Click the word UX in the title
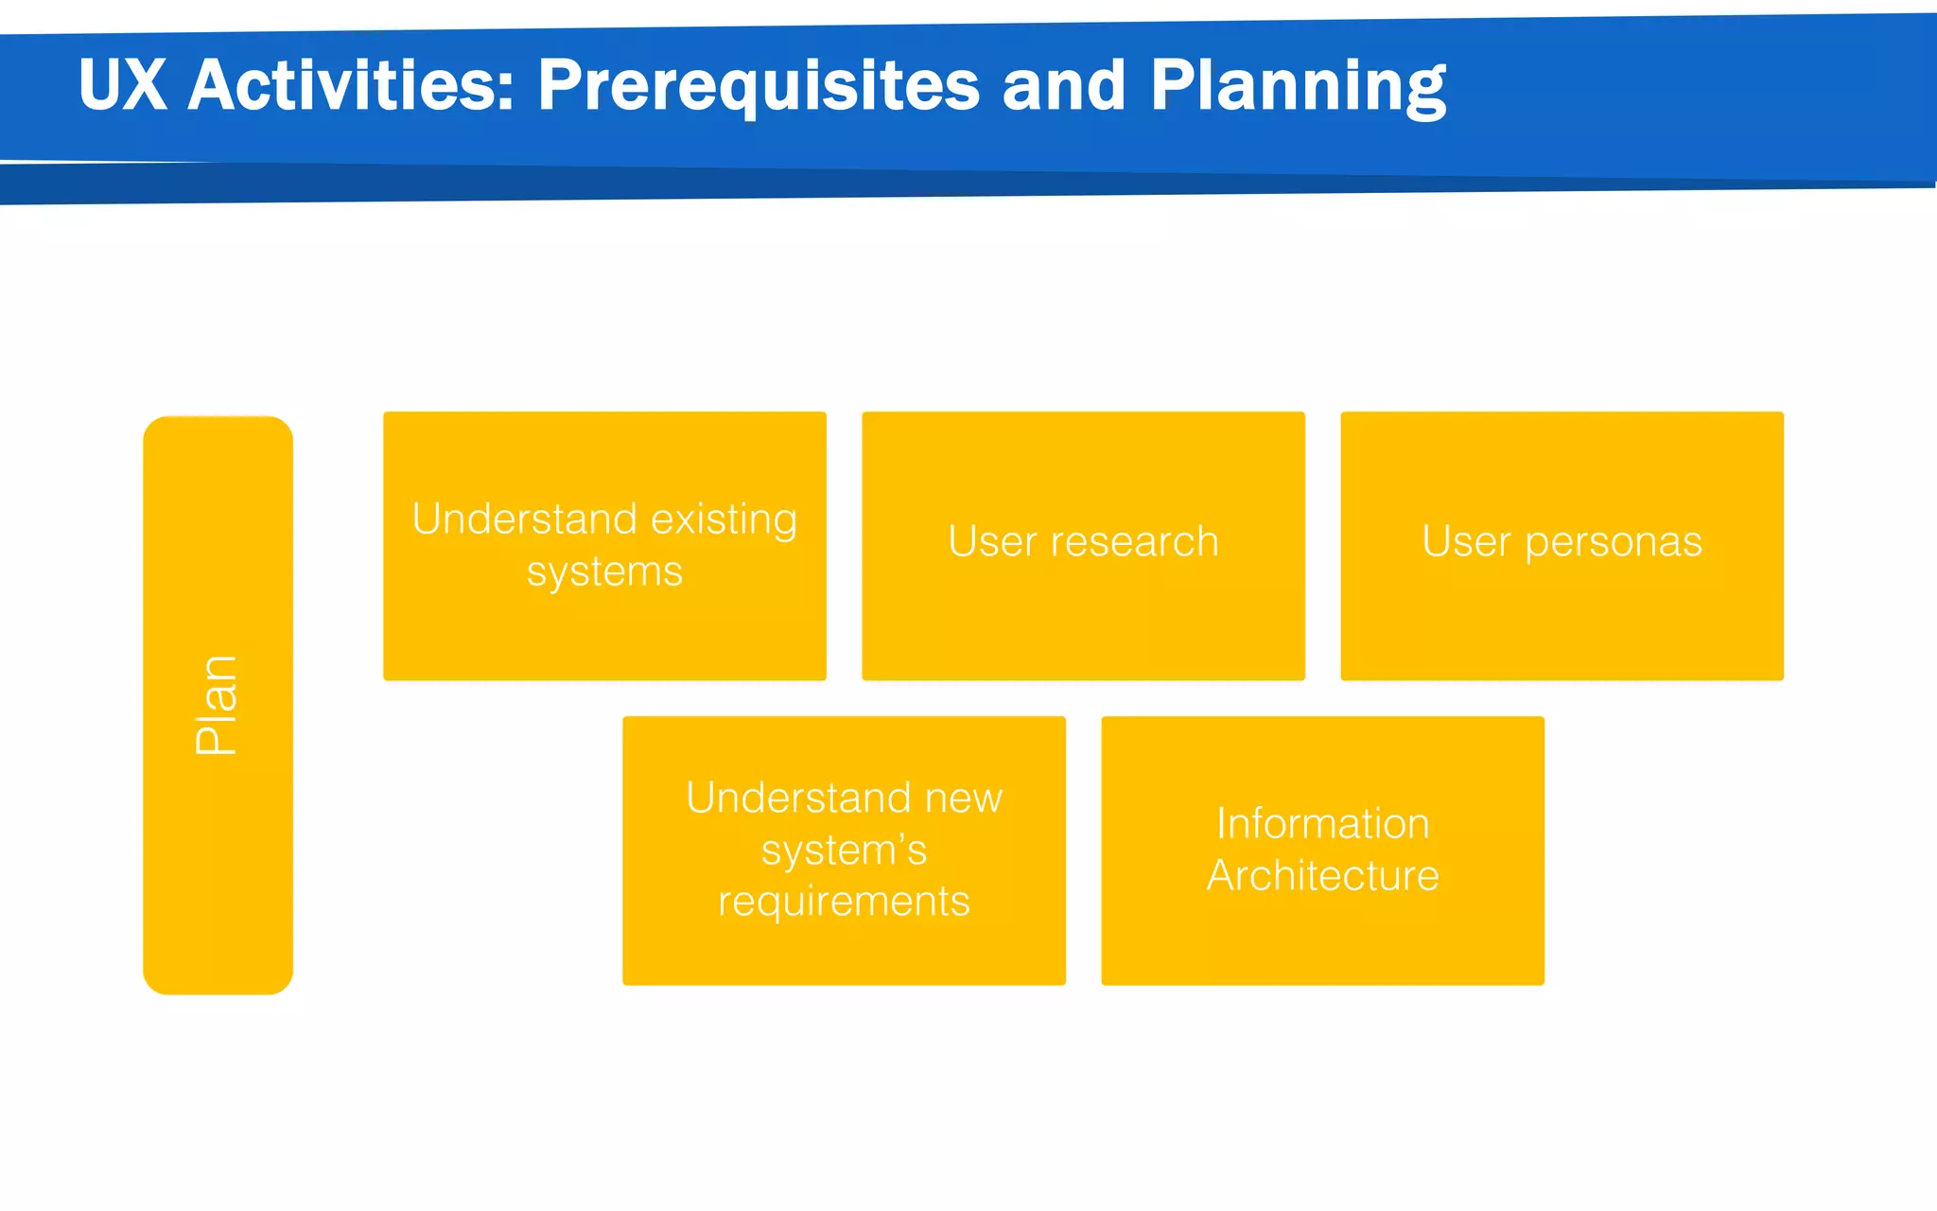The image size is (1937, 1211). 123,85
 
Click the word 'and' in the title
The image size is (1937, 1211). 1063,85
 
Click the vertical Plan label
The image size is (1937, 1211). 217,705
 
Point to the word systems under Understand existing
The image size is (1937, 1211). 604,571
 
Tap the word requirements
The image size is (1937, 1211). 844,901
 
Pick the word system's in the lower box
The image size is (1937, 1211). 844,850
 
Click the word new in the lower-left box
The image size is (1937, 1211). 963,798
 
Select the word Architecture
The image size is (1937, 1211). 1322,875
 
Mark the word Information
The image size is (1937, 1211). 1322,823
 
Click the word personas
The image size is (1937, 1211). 1613,542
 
